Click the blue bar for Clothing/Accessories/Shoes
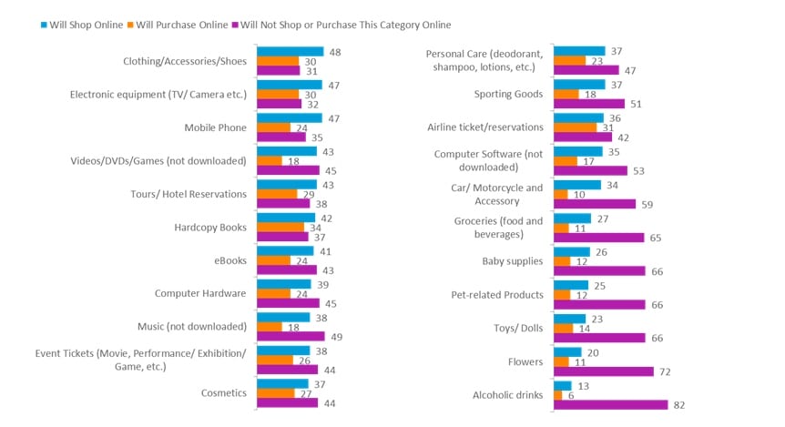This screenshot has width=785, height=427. tap(290, 52)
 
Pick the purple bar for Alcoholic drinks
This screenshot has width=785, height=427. tap(610, 404)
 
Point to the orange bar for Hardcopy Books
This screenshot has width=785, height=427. tap(280, 228)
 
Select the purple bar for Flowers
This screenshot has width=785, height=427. tap(603, 371)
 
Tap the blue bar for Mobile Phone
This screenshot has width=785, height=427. tap(290, 117)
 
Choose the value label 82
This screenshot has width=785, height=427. tap(678, 404)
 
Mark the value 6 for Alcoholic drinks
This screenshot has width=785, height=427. tap(570, 394)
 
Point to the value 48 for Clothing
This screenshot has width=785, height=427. tap(334, 52)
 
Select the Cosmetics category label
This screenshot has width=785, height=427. tap(223, 393)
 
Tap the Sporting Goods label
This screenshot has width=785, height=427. tap(508, 94)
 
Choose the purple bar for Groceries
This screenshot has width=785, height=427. tap(598, 238)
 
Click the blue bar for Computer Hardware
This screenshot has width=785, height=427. tap(284, 283)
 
